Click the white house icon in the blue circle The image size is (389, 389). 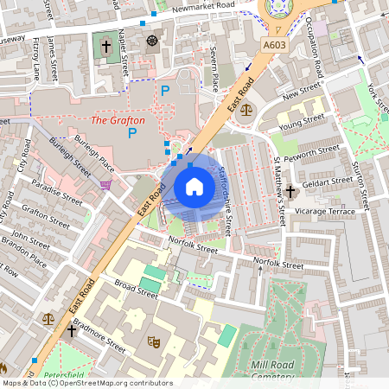pyautogui.click(x=194, y=187)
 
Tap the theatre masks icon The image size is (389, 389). pyautogui.click(x=154, y=342)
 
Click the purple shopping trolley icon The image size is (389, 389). pyautogui.click(x=105, y=184)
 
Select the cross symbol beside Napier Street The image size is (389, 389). pyautogui.click(x=106, y=46)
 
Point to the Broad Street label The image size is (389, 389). pyautogui.click(x=137, y=289)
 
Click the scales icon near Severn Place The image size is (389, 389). pyautogui.click(x=247, y=110)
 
